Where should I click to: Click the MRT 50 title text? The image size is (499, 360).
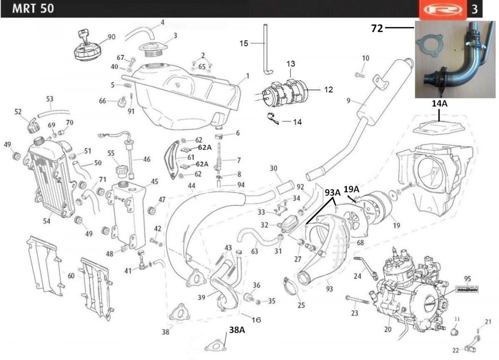pos(33,8)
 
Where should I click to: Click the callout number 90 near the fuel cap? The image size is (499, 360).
pos(111,37)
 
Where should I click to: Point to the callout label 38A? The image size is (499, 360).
pos(237,330)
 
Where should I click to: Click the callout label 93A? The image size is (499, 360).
pos(332,192)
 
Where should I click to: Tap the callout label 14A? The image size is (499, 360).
pos(439,103)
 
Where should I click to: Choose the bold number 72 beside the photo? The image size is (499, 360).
pos(377,28)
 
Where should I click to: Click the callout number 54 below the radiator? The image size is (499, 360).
pos(47,221)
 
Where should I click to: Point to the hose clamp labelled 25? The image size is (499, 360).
pos(290,286)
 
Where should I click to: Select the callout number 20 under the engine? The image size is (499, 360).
pos(388,329)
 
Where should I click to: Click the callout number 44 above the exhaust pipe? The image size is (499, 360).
pos(192,186)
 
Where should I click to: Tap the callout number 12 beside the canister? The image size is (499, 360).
pos(328,90)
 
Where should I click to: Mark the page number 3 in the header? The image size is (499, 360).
pos(474,9)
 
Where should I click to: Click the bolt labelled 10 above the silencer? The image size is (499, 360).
pos(359,75)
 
